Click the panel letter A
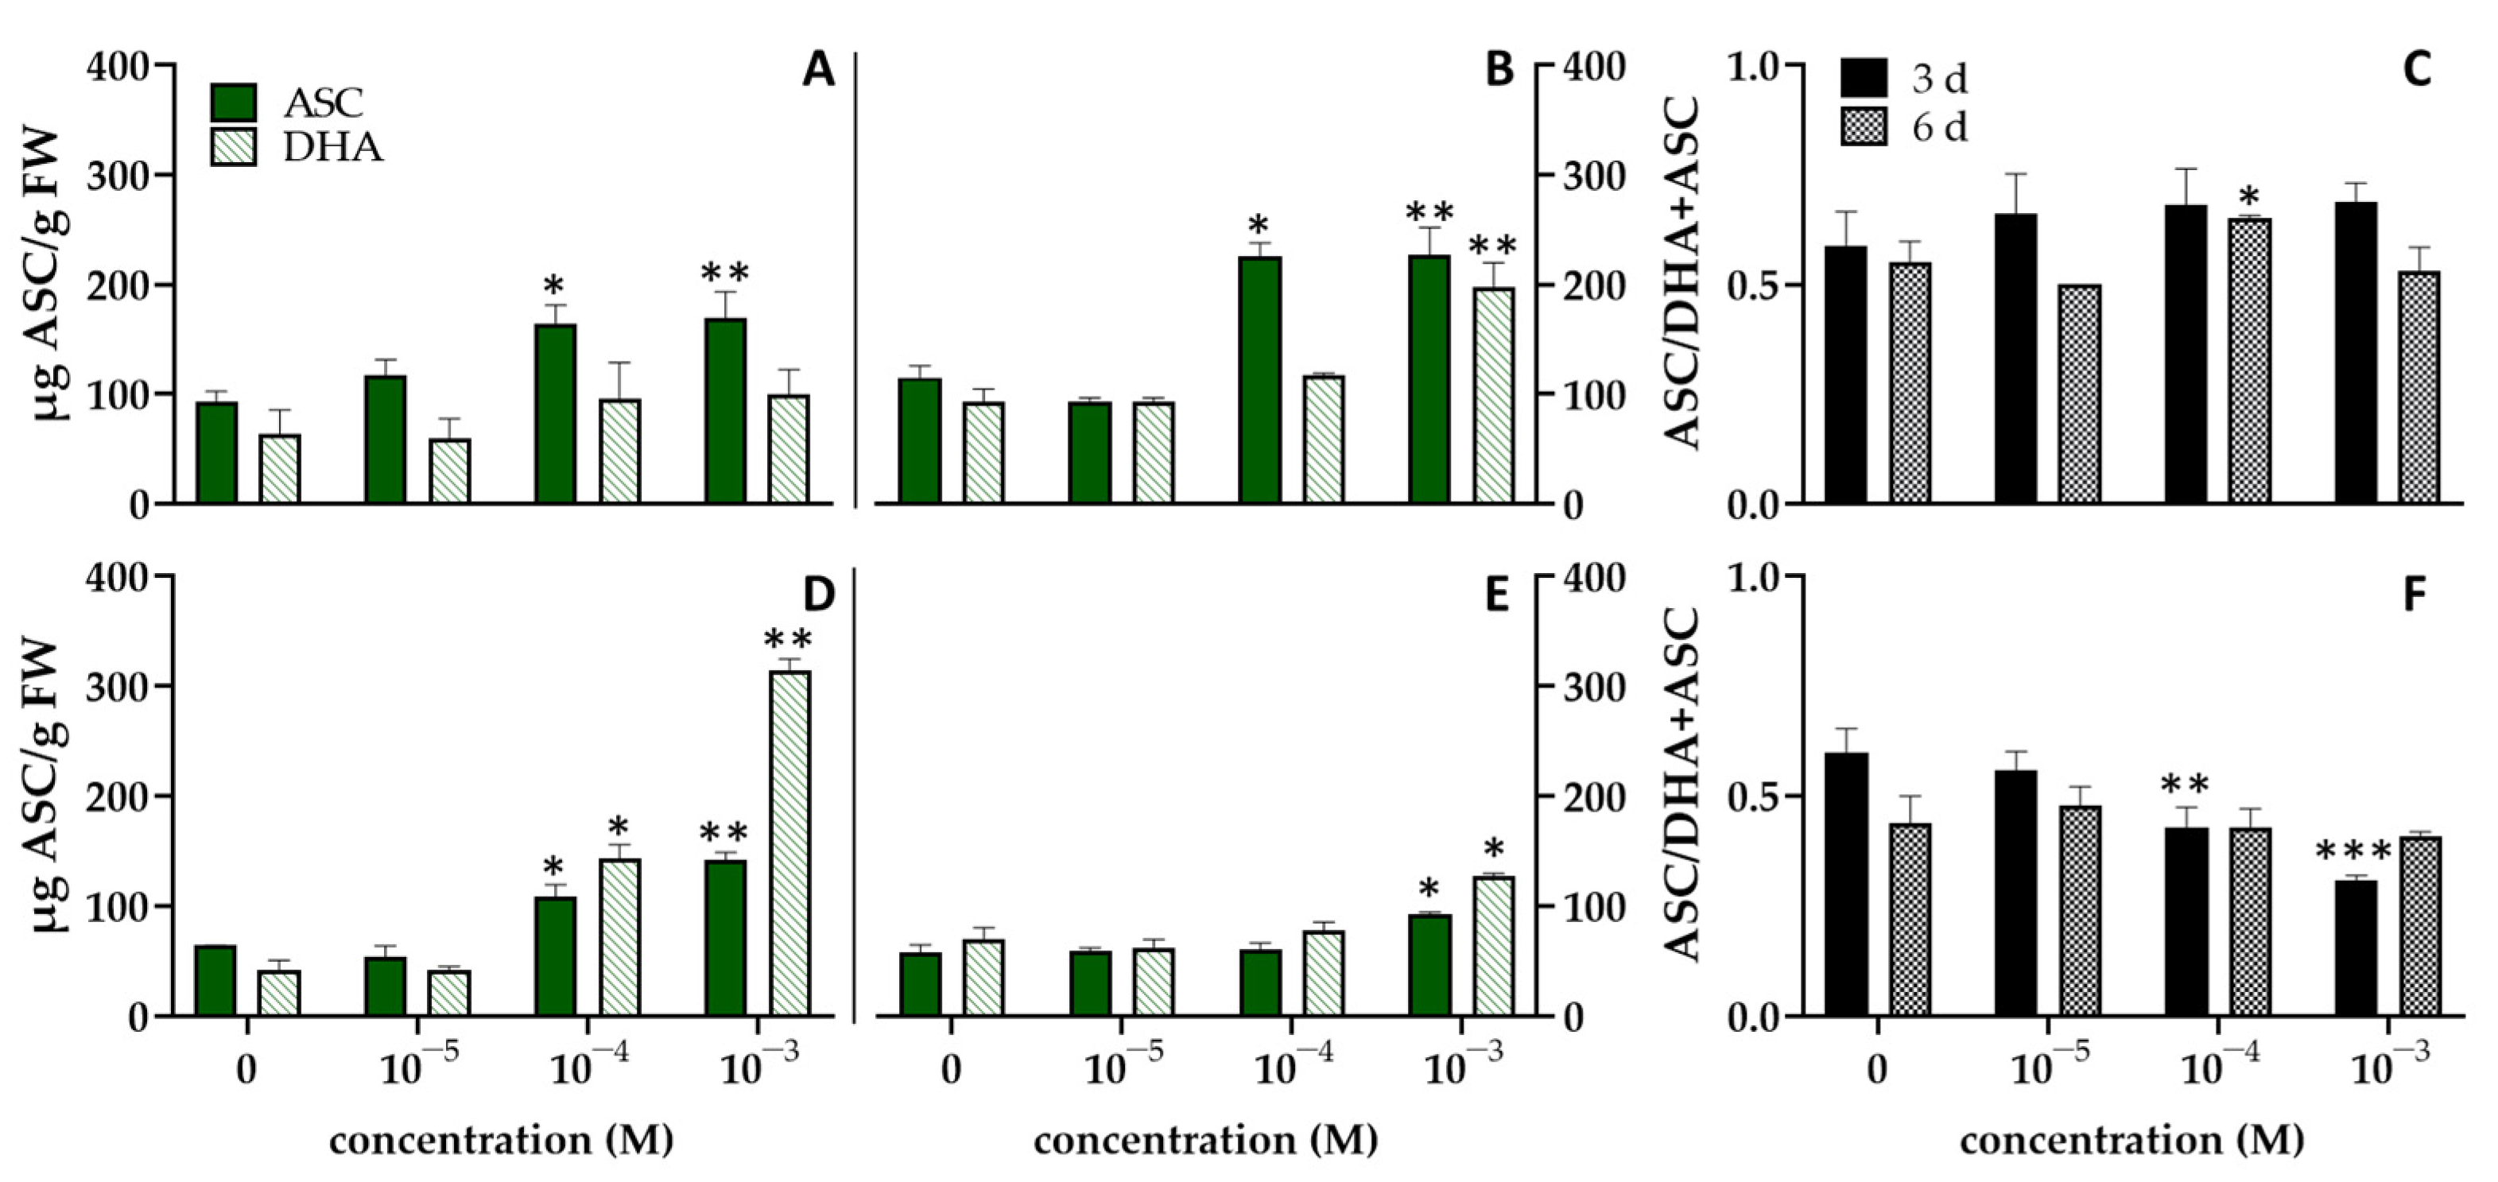pos(817,70)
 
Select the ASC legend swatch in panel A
pos(233,103)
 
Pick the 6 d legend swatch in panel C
pos(1863,127)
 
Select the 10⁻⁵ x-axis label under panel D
pos(417,1068)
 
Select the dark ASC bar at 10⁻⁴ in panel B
pos(1259,380)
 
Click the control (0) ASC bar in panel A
pos(216,453)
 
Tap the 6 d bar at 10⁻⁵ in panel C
pos(2078,394)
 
